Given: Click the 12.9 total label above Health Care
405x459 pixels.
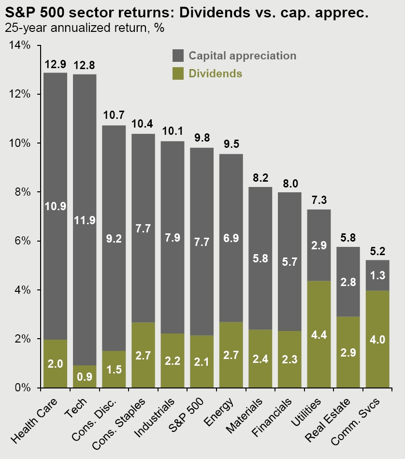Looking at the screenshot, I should click(55, 64).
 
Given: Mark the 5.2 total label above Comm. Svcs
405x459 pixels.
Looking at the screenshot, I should click(377, 251).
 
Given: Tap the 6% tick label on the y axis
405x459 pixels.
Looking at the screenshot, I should click(21, 241).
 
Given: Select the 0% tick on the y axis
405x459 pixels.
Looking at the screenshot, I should click(21, 388).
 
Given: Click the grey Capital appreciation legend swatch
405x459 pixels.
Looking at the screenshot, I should click(178, 56).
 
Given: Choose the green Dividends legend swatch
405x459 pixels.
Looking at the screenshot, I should click(178, 73).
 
